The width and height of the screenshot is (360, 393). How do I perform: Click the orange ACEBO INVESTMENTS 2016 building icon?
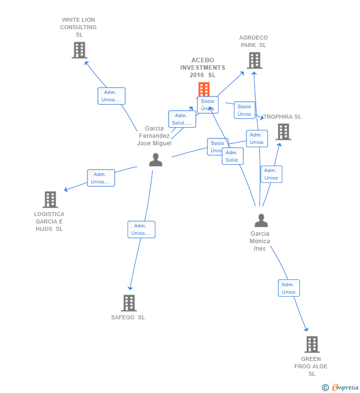click(204, 89)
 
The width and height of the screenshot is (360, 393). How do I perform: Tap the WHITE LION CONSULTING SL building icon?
click(79, 50)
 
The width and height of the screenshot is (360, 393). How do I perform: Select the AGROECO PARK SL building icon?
click(254, 60)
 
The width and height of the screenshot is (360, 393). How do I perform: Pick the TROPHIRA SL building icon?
click(283, 132)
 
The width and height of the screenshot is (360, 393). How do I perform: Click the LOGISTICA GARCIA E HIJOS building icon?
click(50, 199)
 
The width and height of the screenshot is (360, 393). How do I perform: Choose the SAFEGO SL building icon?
click(129, 303)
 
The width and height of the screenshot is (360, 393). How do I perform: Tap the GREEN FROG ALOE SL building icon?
click(312, 344)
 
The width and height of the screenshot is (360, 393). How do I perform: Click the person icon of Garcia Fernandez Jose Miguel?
click(155, 160)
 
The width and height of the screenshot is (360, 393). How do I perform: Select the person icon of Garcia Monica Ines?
click(261, 220)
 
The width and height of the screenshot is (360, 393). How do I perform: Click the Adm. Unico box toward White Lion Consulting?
click(111, 96)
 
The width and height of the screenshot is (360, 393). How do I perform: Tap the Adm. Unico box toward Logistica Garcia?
click(101, 178)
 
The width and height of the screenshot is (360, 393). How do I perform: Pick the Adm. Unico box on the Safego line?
click(141, 229)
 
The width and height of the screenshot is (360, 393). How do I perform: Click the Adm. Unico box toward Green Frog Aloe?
click(289, 288)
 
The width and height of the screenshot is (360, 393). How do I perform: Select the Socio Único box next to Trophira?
click(244, 110)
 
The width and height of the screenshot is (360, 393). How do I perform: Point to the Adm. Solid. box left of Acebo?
click(181, 119)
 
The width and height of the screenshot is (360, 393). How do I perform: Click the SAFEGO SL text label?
click(128, 317)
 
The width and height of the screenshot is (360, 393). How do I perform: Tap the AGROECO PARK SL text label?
click(253, 42)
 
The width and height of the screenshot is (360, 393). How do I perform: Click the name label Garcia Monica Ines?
click(260, 241)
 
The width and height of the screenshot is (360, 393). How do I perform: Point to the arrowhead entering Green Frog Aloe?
click(307, 329)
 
